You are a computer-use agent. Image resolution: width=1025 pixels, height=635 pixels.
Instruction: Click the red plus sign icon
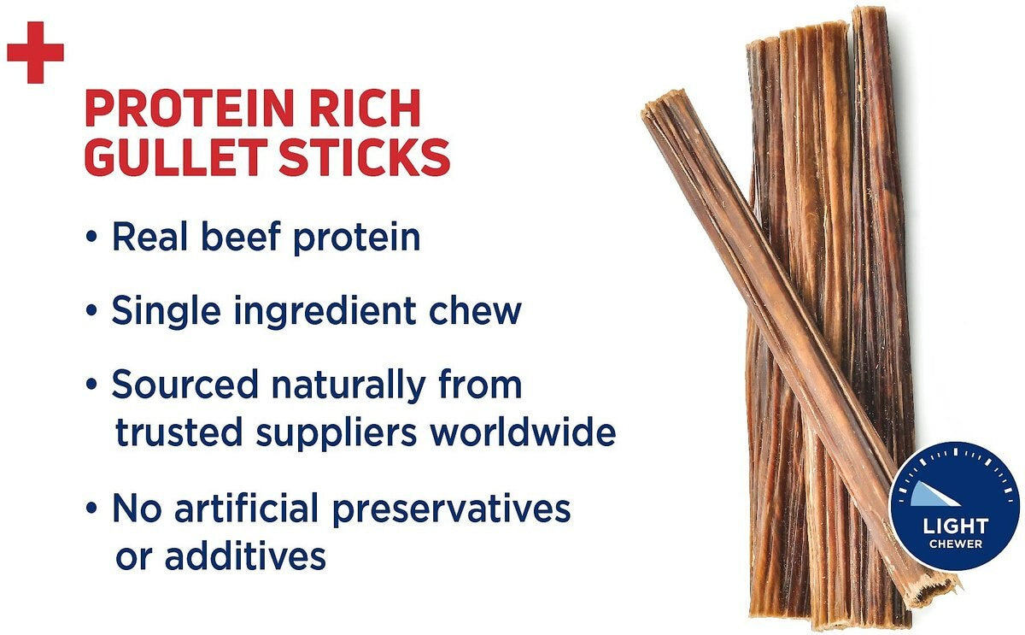[x=35, y=52]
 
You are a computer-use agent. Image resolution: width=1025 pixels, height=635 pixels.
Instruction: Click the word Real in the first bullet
[x=149, y=237]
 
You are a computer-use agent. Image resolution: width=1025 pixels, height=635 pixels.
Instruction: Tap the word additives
[x=246, y=556]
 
